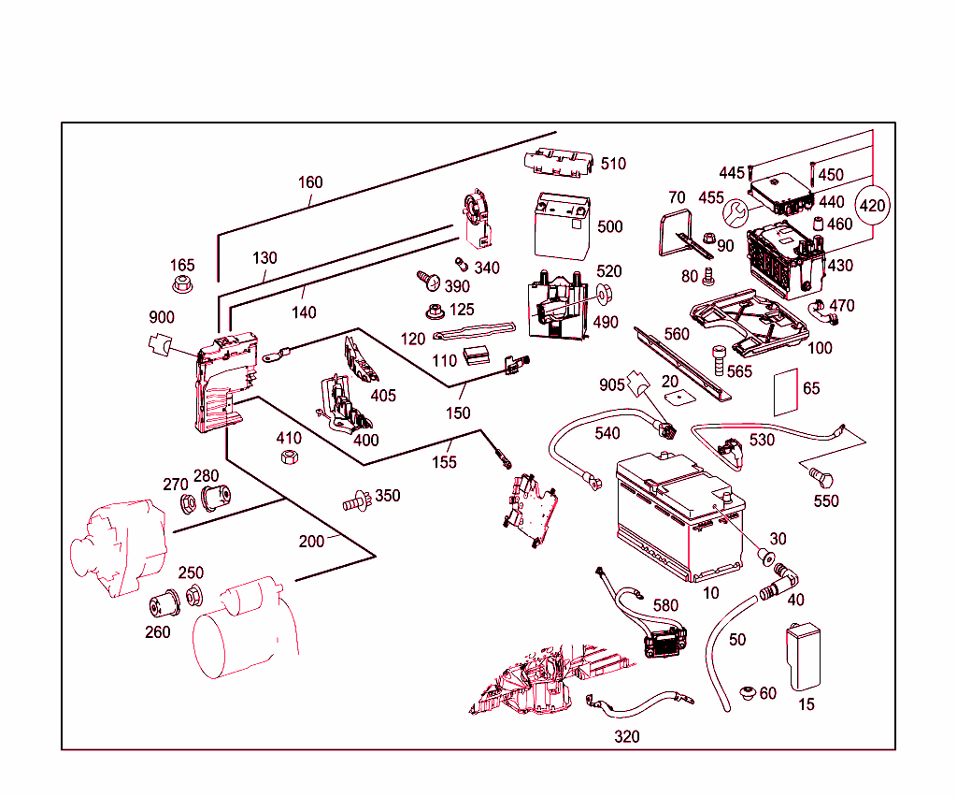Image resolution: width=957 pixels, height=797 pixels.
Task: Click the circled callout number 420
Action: click(x=872, y=205)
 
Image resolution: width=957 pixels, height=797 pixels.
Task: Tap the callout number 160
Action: click(x=310, y=182)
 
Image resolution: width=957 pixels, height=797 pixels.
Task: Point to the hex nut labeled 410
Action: click(x=290, y=458)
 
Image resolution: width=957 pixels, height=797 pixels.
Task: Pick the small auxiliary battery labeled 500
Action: click(x=561, y=225)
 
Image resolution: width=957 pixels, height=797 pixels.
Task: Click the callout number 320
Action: click(x=627, y=737)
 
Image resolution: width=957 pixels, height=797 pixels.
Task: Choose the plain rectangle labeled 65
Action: click(x=786, y=391)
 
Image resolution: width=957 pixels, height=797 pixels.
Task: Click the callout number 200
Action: click(x=311, y=541)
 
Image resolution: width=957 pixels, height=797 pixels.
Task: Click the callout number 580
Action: click(x=665, y=605)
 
